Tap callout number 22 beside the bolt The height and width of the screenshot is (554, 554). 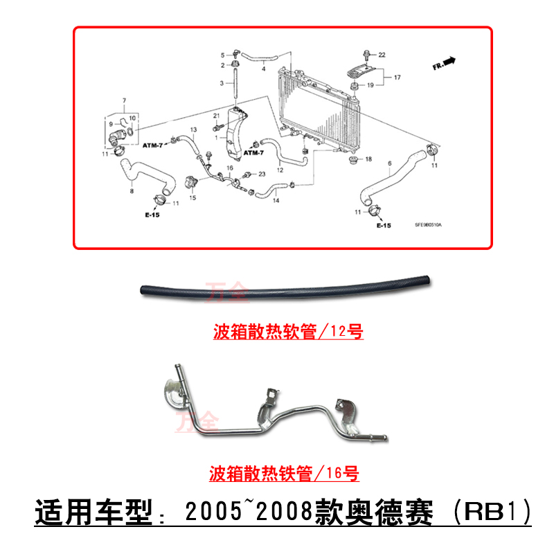click(x=382, y=54)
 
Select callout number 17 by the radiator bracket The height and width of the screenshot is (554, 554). click(x=397, y=78)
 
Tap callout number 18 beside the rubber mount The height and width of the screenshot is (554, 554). click(x=369, y=160)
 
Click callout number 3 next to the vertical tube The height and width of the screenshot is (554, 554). click(x=223, y=82)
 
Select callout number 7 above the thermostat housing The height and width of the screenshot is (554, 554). click(x=125, y=101)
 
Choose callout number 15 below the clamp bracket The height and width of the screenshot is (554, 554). click(x=193, y=198)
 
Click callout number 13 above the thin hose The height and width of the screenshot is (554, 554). click(x=194, y=130)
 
